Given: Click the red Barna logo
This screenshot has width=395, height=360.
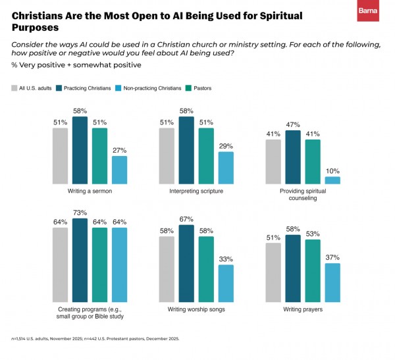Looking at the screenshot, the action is tap(368, 11).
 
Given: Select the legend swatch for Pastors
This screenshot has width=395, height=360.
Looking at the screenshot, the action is tap(188, 88).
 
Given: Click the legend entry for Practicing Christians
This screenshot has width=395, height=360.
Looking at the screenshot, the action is tap(84, 88).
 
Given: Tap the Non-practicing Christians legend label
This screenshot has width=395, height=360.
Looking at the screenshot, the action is tap(152, 88).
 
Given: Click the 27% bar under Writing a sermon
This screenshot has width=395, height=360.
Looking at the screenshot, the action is tap(119, 170).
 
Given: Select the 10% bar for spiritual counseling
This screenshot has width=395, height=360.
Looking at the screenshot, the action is tap(332, 180).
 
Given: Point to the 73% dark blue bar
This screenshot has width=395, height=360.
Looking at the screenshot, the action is tap(80, 260).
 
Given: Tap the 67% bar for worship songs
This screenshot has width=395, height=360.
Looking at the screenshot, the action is tap(186, 263).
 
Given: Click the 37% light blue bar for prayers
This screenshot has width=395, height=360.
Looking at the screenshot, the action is tap(332, 282).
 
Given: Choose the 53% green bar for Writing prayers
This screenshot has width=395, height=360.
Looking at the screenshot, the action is tap(313, 270).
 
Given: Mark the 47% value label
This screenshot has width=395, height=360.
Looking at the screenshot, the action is tap(293, 124).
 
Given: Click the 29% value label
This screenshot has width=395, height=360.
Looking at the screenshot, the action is tap(226, 146).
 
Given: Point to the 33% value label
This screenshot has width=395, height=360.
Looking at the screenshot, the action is tap(226, 259).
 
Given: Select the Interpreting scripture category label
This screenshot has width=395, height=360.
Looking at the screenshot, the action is tap(196, 192).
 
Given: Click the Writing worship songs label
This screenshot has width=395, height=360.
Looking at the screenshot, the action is tap(196, 309).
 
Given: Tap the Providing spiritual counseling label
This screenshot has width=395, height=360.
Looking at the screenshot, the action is tap(303, 195).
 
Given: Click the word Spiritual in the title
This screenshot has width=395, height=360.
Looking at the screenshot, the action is tap(281, 16).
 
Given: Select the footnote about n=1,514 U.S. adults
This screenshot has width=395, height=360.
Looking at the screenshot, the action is tap(95, 338).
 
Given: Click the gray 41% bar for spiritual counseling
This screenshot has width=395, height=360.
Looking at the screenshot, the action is tap(273, 162).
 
